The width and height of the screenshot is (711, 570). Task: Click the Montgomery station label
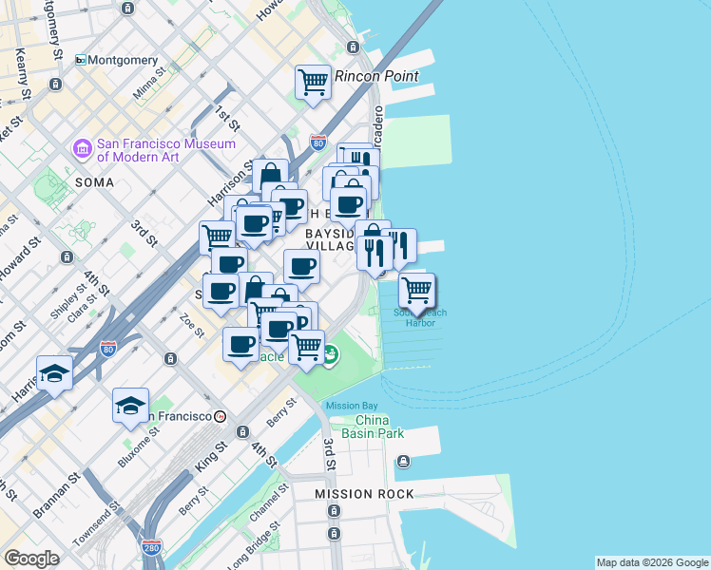[124, 60]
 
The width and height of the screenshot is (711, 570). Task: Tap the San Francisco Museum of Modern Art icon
[82, 149]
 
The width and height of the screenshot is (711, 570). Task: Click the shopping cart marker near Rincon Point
[313, 83]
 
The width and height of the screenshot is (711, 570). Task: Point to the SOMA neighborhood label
[94, 181]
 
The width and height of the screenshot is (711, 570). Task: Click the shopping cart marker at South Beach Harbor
[416, 291]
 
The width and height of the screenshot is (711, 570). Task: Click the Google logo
[32, 559]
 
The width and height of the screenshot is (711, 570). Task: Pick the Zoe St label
[192, 326]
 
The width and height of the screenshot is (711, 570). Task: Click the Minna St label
[148, 87]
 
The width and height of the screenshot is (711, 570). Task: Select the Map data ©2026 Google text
[652, 562]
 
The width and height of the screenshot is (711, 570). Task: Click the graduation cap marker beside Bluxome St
[130, 407]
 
